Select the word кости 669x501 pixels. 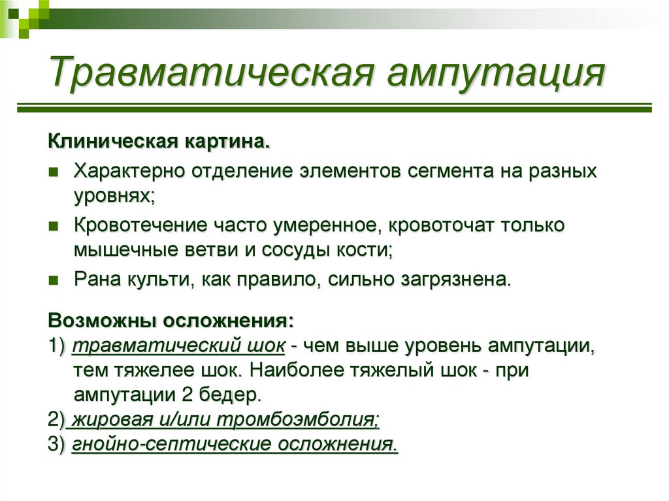point(366,250)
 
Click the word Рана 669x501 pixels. point(95,280)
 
